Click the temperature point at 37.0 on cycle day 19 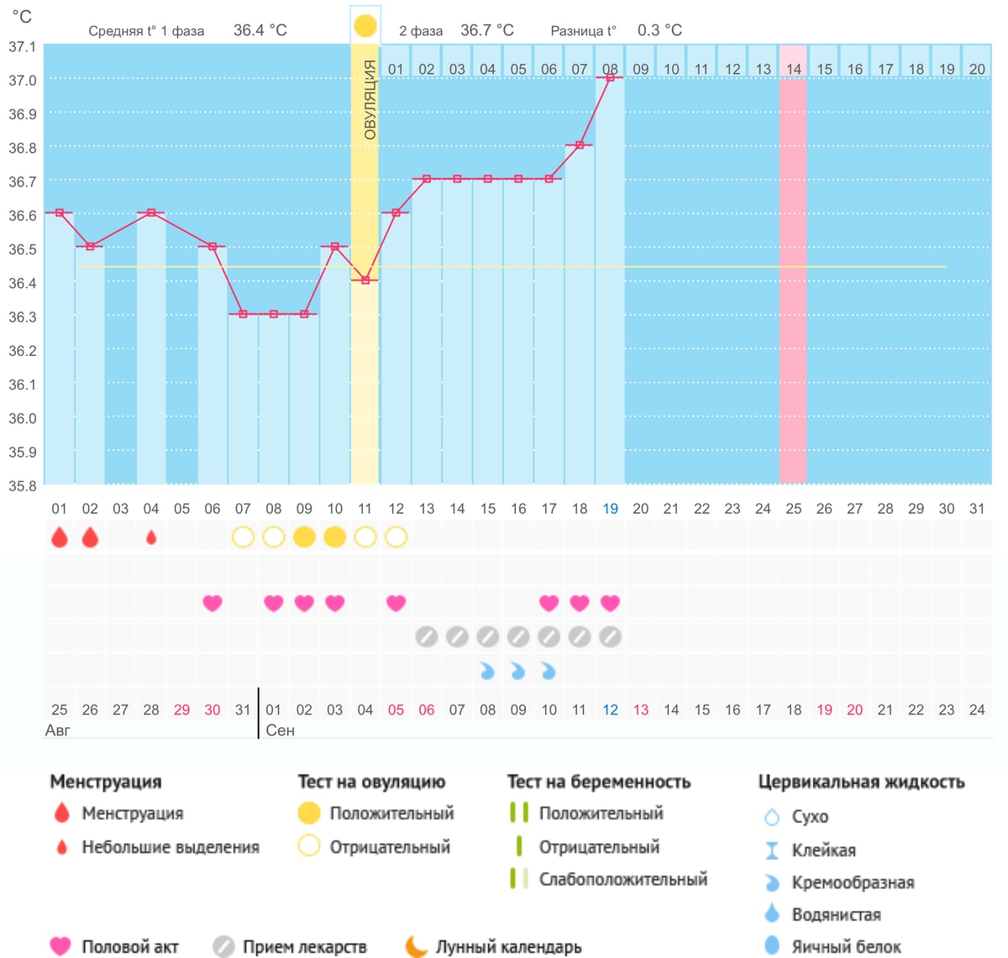pos(610,77)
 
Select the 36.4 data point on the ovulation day pos(365,280)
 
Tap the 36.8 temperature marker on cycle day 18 pos(580,145)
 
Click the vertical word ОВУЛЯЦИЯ pos(370,99)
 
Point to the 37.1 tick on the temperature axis pos(23,47)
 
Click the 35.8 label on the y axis pos(23,486)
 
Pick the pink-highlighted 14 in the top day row pos(793,69)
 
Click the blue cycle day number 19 pos(610,509)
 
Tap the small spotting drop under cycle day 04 pos(150,537)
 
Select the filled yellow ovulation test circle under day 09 pos(304,537)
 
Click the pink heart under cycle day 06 pos(213,603)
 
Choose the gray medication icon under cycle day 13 pos(426,636)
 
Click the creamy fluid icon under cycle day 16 pos(517,671)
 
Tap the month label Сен pos(280,730)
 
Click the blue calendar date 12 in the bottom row pos(610,709)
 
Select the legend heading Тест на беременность pos(598,782)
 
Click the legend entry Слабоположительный pos(623,879)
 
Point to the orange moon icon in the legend pos(416,946)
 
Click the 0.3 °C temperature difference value pos(659,30)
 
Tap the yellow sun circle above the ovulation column pos(365,26)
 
